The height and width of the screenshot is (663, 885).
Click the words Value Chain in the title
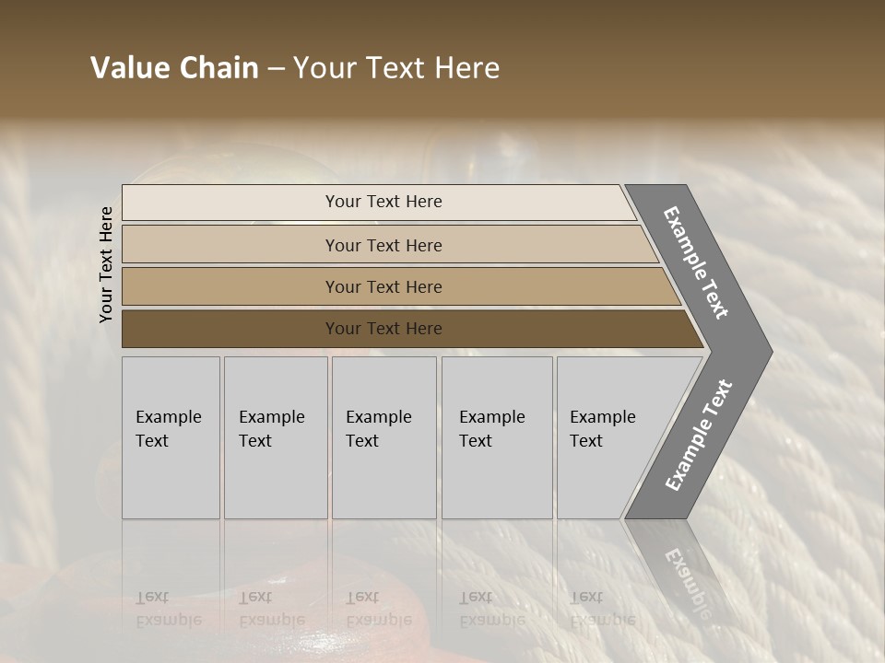point(174,68)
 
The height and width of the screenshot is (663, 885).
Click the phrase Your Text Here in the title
point(396,68)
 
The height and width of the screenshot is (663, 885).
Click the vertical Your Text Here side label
point(106,264)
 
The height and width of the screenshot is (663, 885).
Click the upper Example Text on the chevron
point(696,262)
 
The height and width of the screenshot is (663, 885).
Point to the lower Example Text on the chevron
point(699,436)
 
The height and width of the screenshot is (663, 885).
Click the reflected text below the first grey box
point(168,609)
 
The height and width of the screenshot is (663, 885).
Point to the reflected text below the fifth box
point(602,609)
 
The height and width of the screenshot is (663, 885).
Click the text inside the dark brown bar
point(383,329)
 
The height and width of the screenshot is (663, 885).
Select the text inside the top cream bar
point(383,202)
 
